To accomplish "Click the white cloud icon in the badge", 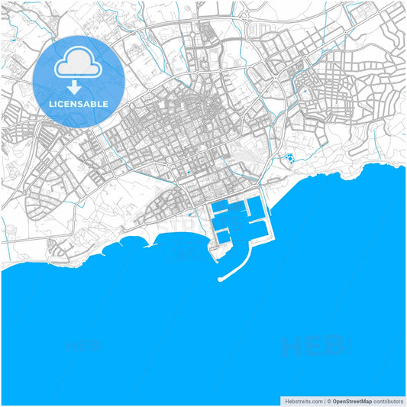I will (79, 64).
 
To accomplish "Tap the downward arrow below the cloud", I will (79, 87).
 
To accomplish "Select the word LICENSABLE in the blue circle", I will (79, 103).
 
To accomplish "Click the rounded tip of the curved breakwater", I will (221, 279).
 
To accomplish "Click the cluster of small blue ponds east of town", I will (289, 160).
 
